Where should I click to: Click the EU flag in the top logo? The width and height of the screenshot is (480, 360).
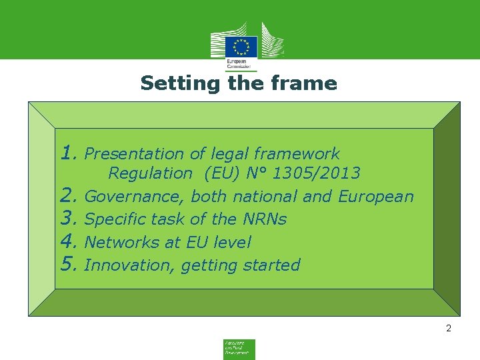[x=241, y=47]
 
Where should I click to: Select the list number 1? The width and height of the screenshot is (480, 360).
[x=67, y=153]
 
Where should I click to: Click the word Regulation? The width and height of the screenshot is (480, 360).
[x=150, y=173]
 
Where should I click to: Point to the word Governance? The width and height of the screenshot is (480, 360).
[x=135, y=197]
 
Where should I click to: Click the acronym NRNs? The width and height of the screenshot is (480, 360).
[x=264, y=219]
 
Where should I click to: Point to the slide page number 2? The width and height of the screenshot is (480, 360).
[x=449, y=328]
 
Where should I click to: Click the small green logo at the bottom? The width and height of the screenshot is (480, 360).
[x=239, y=349]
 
